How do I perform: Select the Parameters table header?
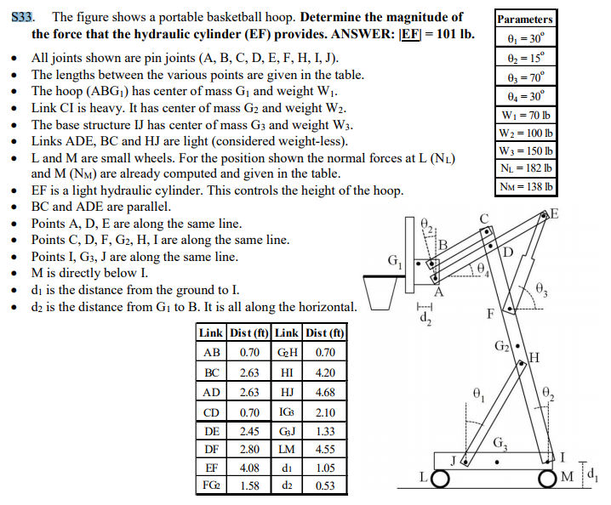525,19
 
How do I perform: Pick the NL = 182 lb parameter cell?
525,169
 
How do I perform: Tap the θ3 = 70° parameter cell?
525,76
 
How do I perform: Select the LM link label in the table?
287,448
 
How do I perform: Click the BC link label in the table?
212,373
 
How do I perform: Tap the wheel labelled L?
442,479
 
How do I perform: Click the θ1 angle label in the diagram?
478,394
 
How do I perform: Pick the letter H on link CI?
536,356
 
